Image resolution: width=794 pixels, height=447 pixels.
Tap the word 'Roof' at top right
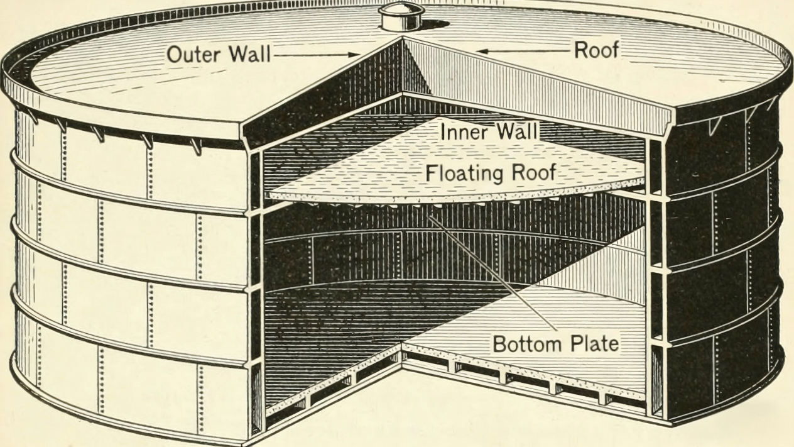595,50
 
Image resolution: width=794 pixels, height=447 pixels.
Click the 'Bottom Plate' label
555,344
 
